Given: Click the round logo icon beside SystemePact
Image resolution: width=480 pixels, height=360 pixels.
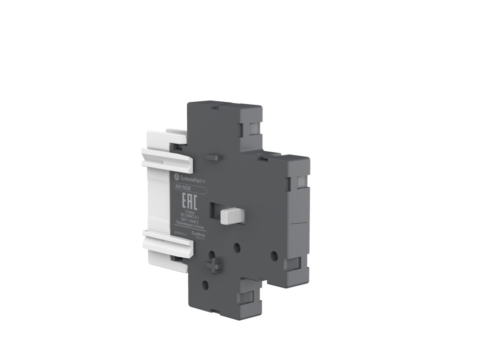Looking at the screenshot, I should [175, 177].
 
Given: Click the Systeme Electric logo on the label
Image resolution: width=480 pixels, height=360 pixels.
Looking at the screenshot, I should [198, 234].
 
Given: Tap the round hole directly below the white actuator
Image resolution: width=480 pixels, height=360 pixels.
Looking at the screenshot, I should [237, 247].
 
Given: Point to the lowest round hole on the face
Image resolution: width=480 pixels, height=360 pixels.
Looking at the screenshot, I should [205, 284].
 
